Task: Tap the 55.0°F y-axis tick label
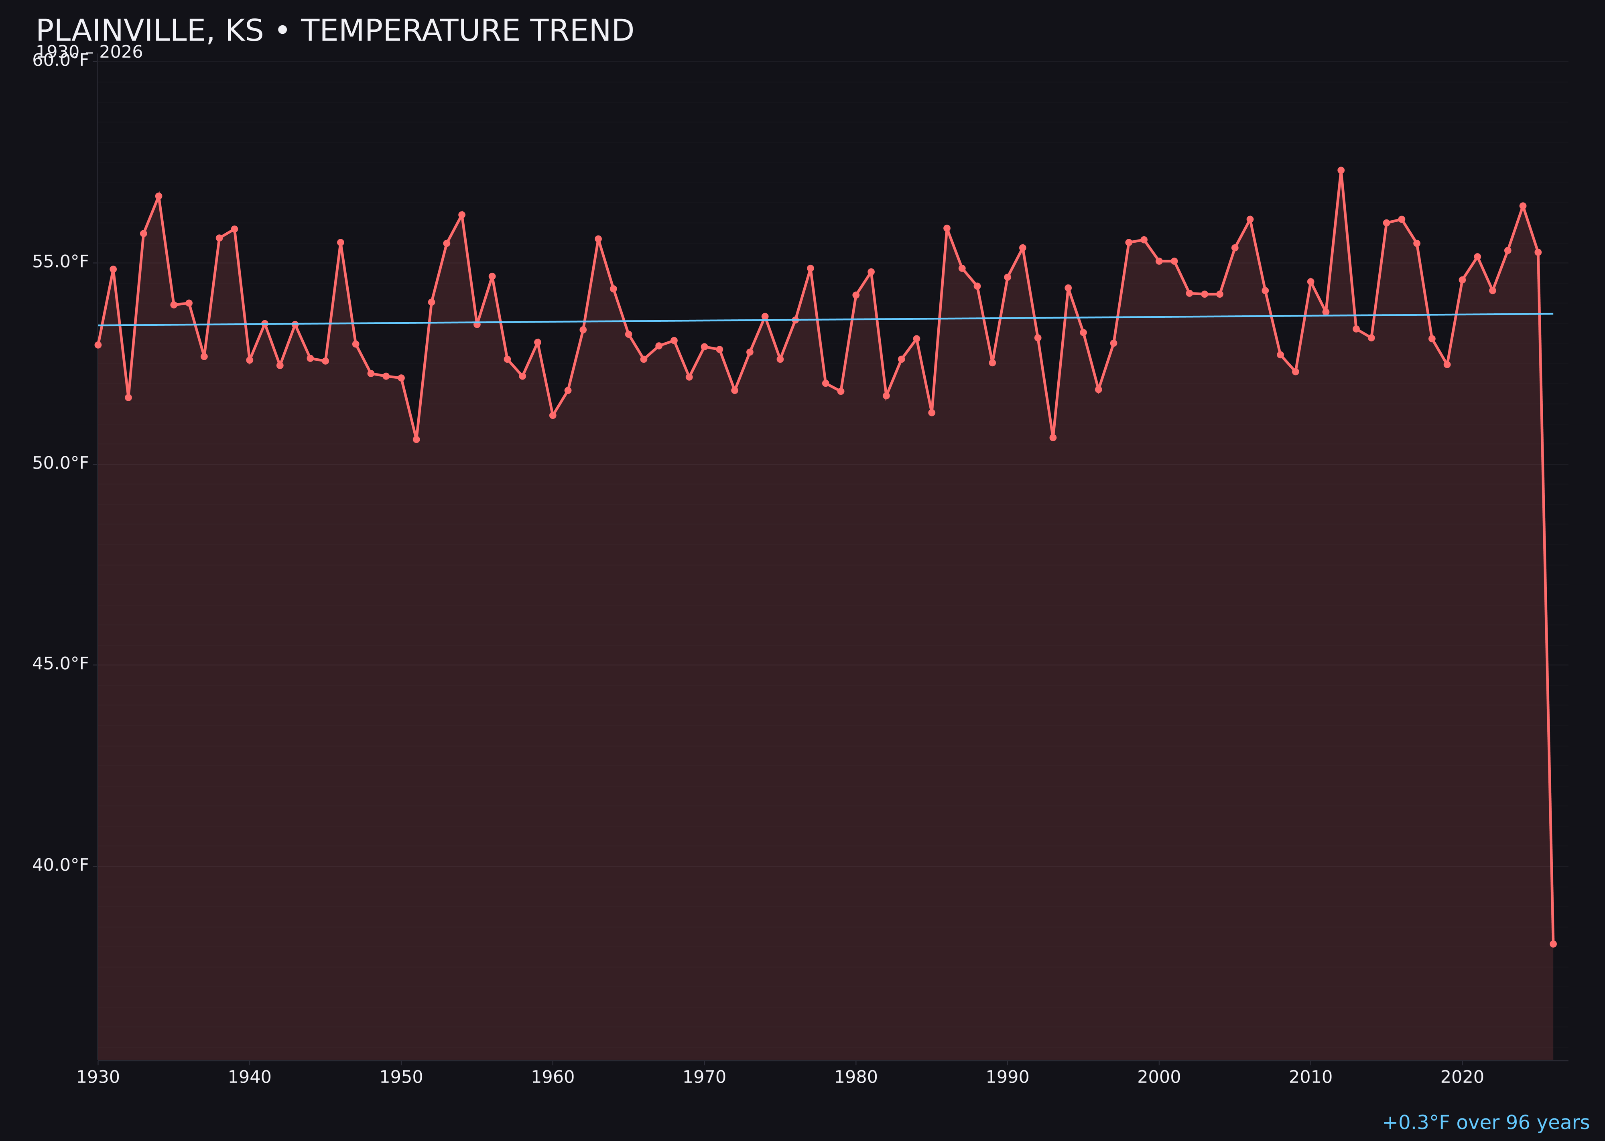click(61, 262)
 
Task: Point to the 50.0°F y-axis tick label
click(61, 463)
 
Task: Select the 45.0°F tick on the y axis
click(61, 664)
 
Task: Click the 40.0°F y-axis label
click(61, 865)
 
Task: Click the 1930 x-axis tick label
click(98, 1077)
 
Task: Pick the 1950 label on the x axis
click(401, 1077)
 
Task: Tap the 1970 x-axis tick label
click(704, 1077)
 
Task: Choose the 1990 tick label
click(1007, 1077)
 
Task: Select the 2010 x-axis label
click(1310, 1077)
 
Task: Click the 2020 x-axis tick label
click(1462, 1077)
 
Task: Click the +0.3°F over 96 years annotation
click(1485, 1123)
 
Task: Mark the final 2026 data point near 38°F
click(1553, 944)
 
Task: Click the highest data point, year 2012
click(1341, 170)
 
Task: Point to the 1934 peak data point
click(159, 196)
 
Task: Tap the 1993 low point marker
click(1052, 437)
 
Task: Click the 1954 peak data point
click(462, 214)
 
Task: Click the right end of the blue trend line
click(1552, 313)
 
